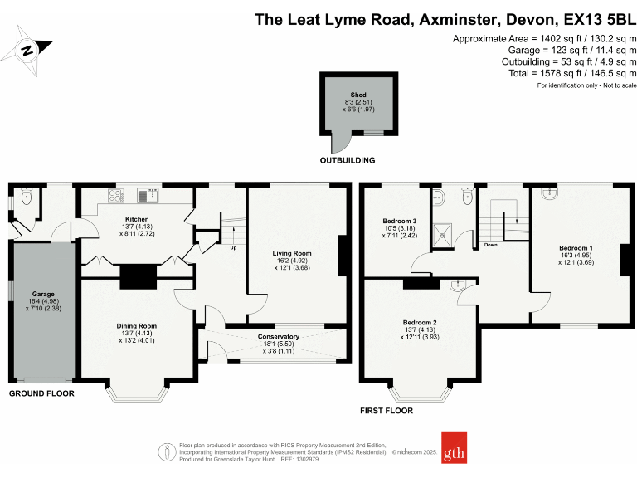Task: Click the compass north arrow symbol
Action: (x=27, y=50)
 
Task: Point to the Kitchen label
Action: (x=138, y=219)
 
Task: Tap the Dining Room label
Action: (x=137, y=326)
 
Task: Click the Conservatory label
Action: (x=278, y=336)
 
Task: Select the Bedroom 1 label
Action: (x=576, y=248)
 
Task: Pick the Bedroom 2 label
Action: (x=420, y=322)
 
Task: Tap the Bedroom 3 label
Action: (x=399, y=221)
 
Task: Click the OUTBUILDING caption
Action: (x=348, y=160)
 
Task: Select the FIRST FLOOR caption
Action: (x=386, y=411)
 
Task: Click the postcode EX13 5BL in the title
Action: (x=595, y=18)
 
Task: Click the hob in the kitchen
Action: (x=114, y=197)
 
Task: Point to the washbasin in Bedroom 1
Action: (x=549, y=193)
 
